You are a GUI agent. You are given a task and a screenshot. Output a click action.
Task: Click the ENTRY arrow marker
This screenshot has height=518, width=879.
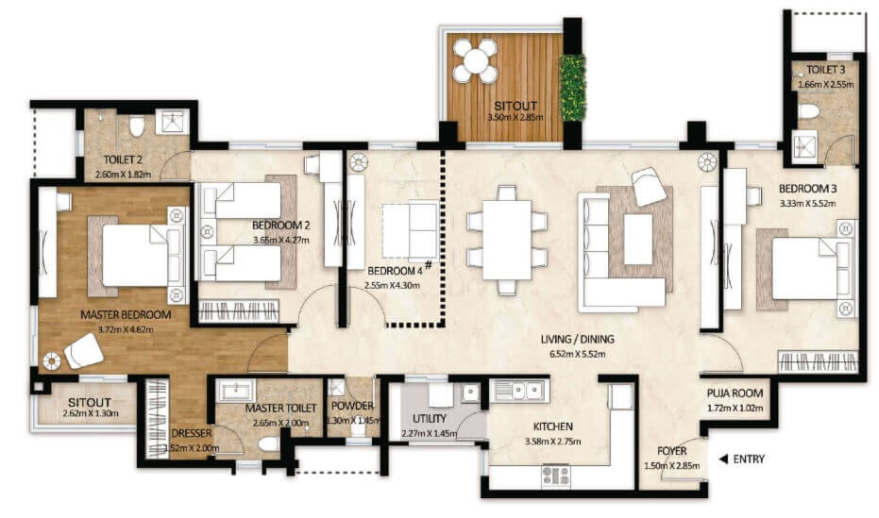(x=723, y=460)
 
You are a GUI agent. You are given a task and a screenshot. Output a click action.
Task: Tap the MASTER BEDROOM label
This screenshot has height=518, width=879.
(x=126, y=314)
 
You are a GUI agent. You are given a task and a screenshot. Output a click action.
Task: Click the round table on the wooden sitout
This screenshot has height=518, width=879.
(x=476, y=61)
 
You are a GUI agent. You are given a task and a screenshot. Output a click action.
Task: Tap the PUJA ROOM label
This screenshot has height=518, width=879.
(x=735, y=393)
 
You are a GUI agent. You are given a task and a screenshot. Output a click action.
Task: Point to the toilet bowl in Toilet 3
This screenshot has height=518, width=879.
(x=808, y=111)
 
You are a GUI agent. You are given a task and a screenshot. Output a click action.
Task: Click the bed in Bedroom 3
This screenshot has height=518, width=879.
(x=807, y=267)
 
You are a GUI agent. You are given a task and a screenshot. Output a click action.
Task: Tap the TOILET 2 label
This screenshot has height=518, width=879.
(x=123, y=160)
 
